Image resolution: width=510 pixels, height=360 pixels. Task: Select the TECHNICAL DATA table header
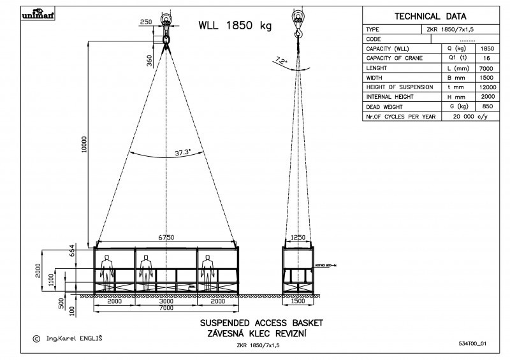click(x=430, y=17)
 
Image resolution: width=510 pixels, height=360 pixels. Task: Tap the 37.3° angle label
click(x=183, y=153)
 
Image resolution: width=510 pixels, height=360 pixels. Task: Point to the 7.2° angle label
click(x=280, y=61)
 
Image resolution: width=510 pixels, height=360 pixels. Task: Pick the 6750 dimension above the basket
click(x=166, y=237)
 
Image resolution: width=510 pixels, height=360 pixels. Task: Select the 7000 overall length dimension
click(x=166, y=308)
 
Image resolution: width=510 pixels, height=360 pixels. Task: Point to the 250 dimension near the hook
click(x=146, y=22)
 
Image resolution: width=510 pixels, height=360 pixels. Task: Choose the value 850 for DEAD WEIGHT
click(x=486, y=106)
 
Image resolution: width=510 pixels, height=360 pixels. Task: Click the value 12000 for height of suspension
click(x=486, y=87)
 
